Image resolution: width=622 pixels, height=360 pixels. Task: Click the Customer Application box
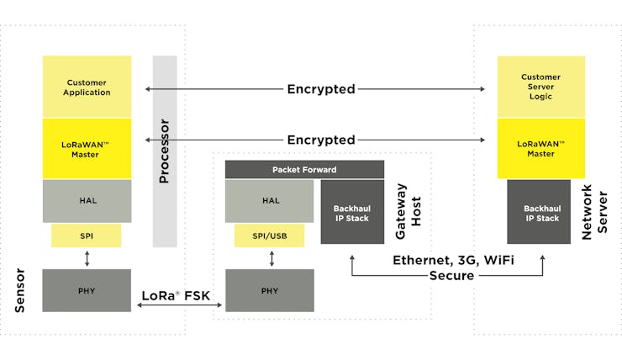coord(87,87)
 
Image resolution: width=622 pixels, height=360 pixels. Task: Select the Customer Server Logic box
coord(541,87)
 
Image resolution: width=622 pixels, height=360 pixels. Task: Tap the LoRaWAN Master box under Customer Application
coord(87,148)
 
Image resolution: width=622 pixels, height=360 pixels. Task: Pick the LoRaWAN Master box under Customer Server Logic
coord(541,148)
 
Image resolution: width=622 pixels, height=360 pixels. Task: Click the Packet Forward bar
coord(304,169)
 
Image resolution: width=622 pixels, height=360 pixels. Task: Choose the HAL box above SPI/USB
coord(269,201)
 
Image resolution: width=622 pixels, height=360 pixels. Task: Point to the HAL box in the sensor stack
coord(87,201)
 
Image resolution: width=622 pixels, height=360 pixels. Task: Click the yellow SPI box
coord(86,236)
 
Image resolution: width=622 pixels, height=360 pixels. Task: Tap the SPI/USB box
coord(269,236)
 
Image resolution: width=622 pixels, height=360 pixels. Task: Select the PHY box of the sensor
coord(87,290)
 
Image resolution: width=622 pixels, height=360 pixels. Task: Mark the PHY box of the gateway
coord(270,290)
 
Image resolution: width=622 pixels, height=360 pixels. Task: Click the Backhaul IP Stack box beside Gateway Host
coord(352,212)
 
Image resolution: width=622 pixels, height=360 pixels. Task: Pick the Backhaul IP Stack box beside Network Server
coord(539,212)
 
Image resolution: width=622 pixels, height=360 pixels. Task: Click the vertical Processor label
coord(164,151)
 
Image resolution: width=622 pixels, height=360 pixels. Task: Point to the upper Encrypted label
coord(321,89)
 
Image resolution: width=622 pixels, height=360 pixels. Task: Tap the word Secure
coord(452,275)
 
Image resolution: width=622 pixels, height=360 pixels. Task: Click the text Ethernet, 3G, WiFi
coord(453,261)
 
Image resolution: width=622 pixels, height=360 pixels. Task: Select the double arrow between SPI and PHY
coord(87,258)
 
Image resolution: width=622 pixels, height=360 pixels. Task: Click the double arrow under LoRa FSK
coord(179,304)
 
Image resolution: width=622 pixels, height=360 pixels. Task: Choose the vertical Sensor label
coord(20,290)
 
